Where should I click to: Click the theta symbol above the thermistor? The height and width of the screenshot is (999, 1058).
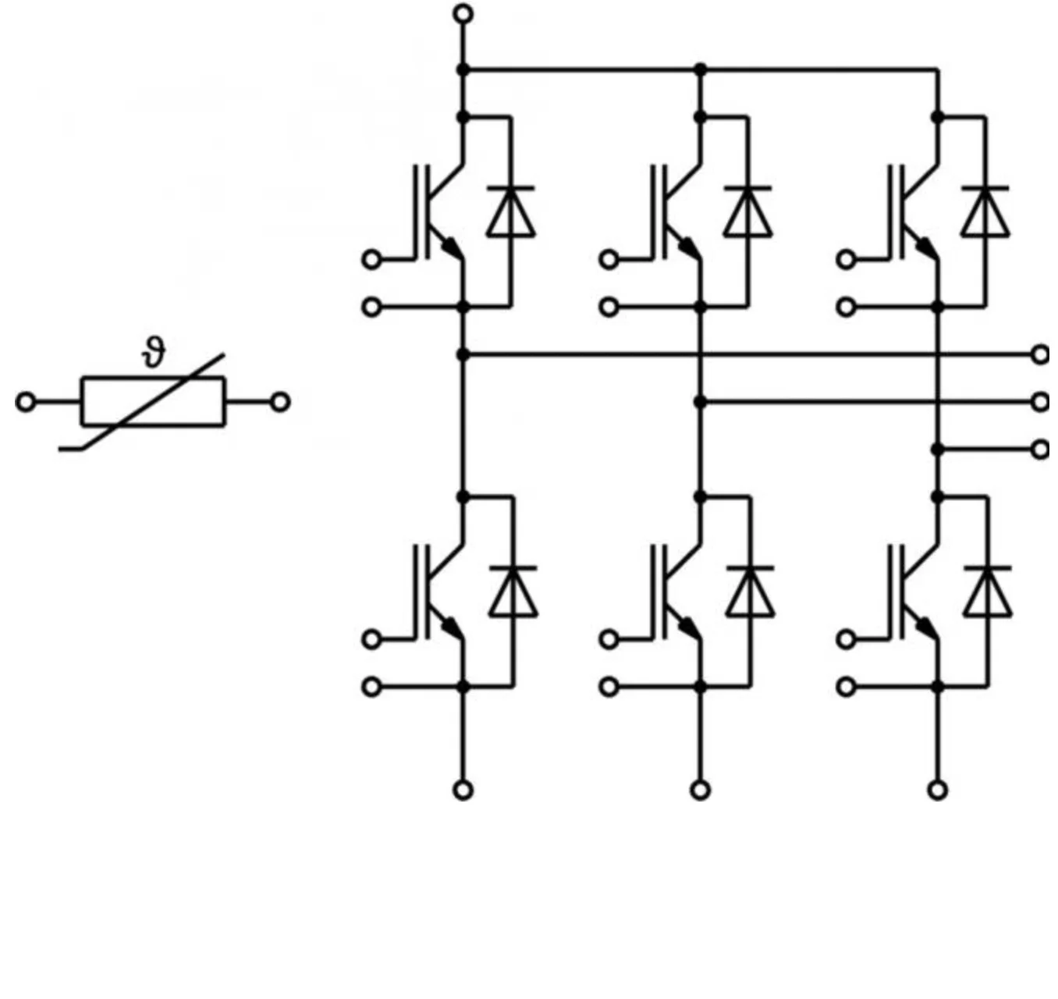click(x=155, y=354)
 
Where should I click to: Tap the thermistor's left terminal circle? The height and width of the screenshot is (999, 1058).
click(x=26, y=402)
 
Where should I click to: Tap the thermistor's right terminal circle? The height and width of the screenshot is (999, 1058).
click(x=280, y=402)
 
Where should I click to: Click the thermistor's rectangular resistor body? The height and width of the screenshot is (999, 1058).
click(x=153, y=402)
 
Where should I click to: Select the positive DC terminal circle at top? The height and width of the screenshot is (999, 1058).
click(x=463, y=13)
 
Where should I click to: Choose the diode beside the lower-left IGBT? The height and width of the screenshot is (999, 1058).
click(x=513, y=591)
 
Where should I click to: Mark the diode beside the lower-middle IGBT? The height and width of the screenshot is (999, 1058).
click(x=750, y=591)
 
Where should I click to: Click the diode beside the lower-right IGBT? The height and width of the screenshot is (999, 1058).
click(x=987, y=591)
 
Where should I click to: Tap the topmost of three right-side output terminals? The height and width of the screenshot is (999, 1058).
click(x=1040, y=354)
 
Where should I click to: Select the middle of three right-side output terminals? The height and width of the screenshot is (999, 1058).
click(x=1040, y=402)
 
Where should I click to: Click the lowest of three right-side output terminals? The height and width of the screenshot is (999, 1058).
click(x=1040, y=450)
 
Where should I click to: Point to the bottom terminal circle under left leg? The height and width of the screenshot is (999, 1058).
click(x=463, y=791)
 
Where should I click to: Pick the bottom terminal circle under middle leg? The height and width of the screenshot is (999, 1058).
click(x=700, y=791)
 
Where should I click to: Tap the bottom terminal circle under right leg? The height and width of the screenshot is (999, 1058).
click(x=937, y=791)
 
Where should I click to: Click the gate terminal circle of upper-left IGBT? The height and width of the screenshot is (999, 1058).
click(x=372, y=259)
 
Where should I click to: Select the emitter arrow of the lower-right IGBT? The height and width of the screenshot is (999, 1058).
click(x=925, y=627)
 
